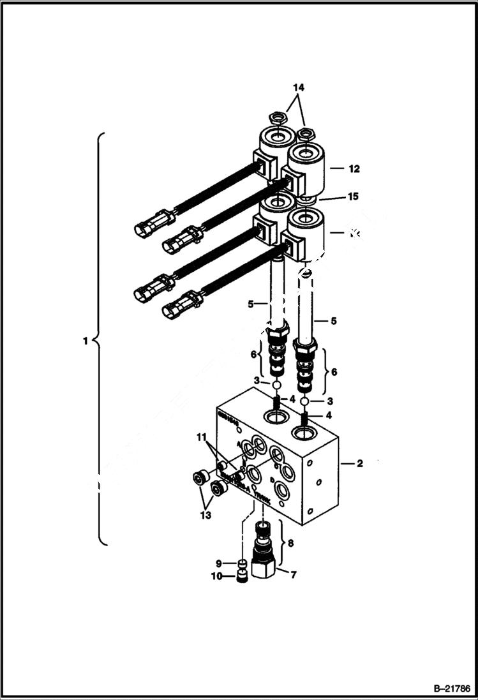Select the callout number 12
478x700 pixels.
coord(354,169)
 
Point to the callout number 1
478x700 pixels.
coord(85,341)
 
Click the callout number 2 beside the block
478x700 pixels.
coord(359,464)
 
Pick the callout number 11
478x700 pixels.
coord(202,437)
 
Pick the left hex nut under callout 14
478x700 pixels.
coord(277,117)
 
